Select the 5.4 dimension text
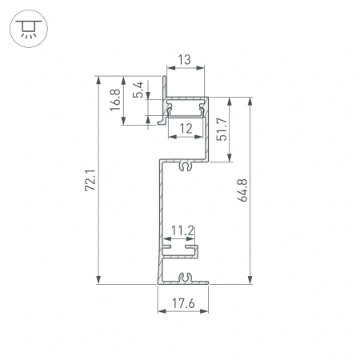[x=137, y=89]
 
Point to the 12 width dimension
[x=186, y=129]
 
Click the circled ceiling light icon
[x=28, y=28]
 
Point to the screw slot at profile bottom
[x=186, y=278]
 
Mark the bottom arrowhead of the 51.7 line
[x=230, y=159]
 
